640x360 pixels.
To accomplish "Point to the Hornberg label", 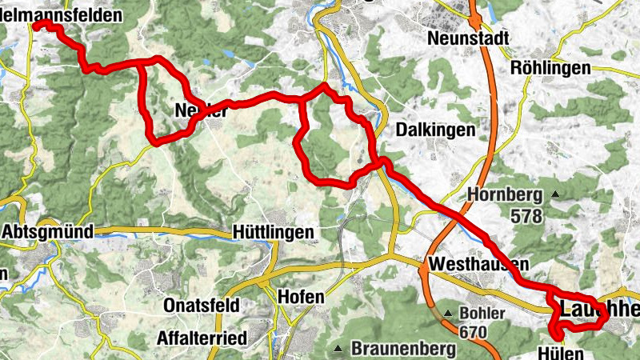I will click(505, 194).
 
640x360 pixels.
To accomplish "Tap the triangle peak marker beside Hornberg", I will click(555, 194).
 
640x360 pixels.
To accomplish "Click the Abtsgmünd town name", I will click(48, 232).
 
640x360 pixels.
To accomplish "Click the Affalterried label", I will click(202, 338).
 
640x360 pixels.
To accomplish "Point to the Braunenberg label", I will click(403, 349).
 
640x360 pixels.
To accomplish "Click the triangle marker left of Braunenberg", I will click(340, 349).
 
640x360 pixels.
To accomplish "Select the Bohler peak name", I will click(483, 313).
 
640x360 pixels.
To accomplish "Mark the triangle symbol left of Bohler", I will click(452, 313).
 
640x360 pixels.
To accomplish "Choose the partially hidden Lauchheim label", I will click(600, 308).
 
